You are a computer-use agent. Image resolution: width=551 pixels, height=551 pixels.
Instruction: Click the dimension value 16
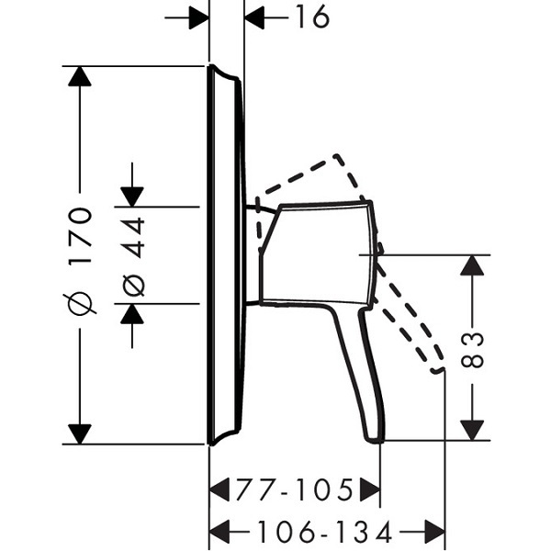312,17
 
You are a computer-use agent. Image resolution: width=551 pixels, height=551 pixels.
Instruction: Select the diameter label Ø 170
81,261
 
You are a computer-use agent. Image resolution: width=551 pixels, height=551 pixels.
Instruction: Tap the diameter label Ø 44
133,257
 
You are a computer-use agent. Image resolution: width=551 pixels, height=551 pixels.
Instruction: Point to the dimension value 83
472,351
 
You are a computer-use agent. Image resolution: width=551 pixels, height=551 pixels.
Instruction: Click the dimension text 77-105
294,489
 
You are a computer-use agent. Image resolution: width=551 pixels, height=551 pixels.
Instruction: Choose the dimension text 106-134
325,531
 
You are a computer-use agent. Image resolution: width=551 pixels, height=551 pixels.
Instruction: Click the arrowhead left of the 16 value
254,17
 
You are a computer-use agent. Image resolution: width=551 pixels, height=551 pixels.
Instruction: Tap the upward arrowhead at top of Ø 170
80,76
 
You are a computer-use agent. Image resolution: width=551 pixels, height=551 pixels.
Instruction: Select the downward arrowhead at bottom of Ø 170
80,434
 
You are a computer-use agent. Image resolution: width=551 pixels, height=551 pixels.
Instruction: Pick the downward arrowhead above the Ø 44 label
132,197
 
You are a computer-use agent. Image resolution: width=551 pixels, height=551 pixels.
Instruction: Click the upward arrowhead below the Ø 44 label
132,313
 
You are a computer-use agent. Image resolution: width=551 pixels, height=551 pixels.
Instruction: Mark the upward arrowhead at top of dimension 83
472,265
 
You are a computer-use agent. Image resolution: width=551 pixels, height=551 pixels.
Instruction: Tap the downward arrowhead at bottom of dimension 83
472,430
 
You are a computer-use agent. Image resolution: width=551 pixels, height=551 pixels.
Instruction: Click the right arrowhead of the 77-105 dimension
370,489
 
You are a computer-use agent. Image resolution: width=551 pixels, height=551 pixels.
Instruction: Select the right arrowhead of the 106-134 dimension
435,531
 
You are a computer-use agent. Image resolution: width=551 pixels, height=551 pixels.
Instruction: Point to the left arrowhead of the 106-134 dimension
219,531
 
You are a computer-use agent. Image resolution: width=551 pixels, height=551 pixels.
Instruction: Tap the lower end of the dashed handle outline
438,371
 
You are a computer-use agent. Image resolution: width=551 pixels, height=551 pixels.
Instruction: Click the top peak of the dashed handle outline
336,155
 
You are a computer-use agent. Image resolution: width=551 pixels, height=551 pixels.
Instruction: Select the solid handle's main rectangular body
316,254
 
